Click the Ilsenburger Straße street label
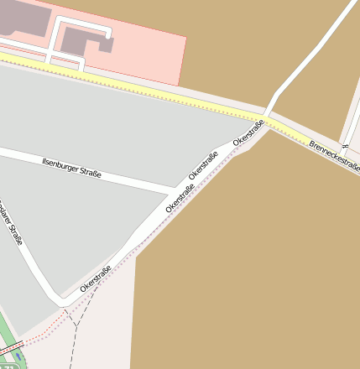click(x=71, y=167)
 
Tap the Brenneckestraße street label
click(x=334, y=156)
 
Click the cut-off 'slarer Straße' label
click(x=11, y=221)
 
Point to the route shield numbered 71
click(x=9, y=366)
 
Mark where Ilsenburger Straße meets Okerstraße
click(x=175, y=186)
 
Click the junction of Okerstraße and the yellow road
click(x=267, y=116)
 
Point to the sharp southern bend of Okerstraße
click(x=60, y=297)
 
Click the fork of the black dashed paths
click(x=76, y=323)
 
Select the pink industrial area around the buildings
click(x=151, y=55)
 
